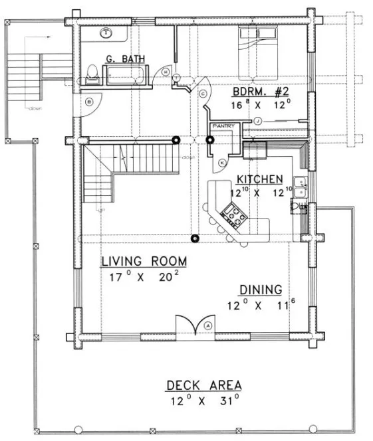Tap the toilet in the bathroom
[x=92, y=74]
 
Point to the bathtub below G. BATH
[x=125, y=74]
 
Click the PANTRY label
[x=220, y=125]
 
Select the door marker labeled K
[x=221, y=163]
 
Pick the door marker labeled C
[x=202, y=94]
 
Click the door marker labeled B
[x=88, y=101]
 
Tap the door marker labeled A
[x=208, y=325]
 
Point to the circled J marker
[x=257, y=120]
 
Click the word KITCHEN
[x=261, y=180]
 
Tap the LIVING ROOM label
[x=144, y=261]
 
